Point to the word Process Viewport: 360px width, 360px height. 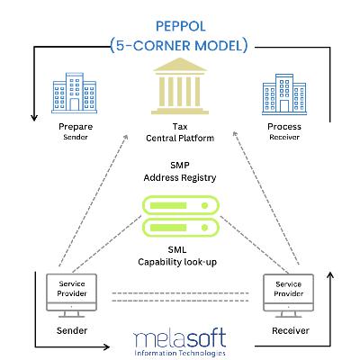click(283, 127)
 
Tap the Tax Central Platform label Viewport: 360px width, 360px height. click(180, 133)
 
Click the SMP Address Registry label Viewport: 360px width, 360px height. click(180, 172)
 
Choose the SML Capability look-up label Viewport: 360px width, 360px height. click(180, 255)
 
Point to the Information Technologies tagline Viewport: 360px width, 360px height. click(180, 353)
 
